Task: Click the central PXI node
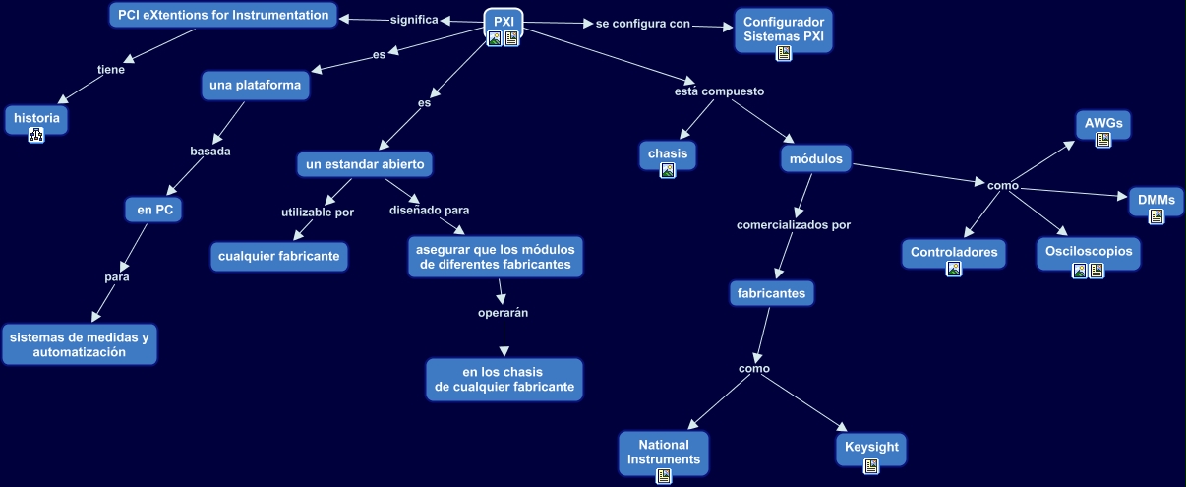(x=504, y=22)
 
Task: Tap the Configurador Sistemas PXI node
(x=783, y=29)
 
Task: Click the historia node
(x=36, y=118)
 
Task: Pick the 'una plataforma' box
(x=255, y=86)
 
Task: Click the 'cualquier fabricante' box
(x=280, y=257)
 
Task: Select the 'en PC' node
(x=152, y=209)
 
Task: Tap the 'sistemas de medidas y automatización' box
(x=79, y=344)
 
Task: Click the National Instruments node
(x=664, y=452)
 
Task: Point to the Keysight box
(x=871, y=447)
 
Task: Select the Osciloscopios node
(x=1088, y=251)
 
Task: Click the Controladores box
(x=953, y=252)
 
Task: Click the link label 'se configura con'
(x=643, y=24)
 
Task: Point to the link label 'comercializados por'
(x=793, y=225)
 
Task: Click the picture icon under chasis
(x=668, y=170)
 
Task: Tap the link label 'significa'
(x=414, y=20)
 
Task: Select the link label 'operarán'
(x=503, y=313)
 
